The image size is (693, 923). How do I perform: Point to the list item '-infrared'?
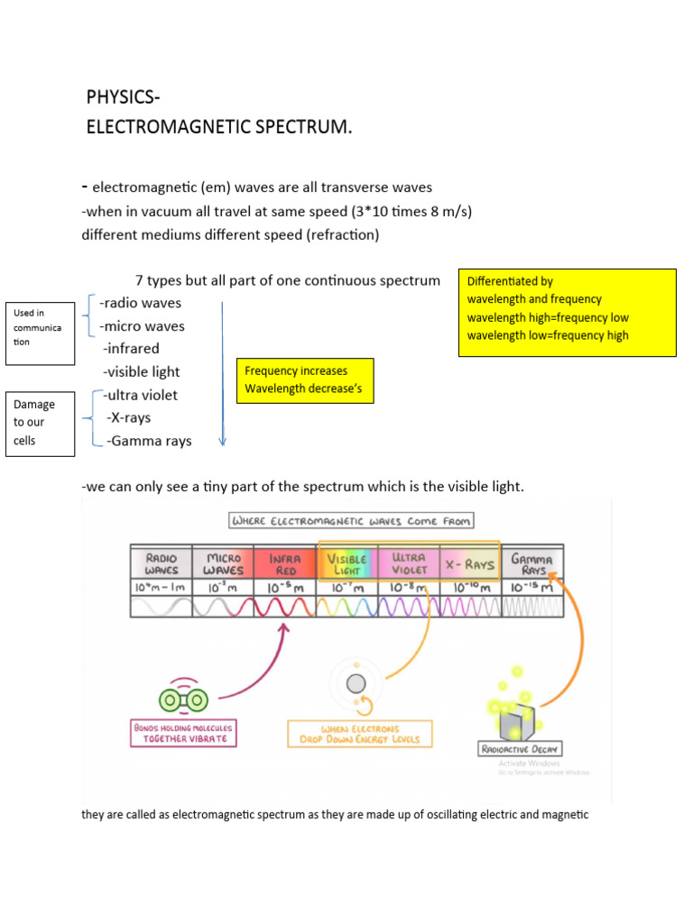131,349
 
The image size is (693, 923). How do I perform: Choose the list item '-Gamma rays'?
149,441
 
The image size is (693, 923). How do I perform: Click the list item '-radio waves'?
140,303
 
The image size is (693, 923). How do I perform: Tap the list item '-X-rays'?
128,417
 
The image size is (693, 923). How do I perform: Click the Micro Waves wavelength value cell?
224,587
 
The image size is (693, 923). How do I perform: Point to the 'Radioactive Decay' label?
520,748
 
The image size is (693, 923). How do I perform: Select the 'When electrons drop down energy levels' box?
359,734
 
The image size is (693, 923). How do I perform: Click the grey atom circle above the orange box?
356,682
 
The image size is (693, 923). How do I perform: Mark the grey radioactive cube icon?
516,718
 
